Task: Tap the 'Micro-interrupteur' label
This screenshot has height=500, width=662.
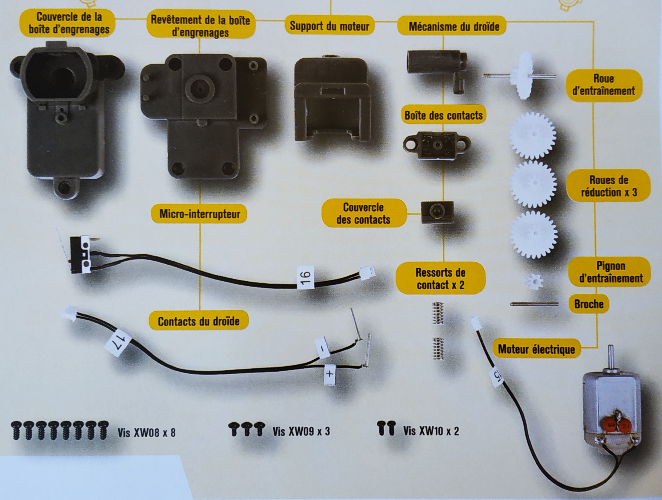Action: tap(200, 214)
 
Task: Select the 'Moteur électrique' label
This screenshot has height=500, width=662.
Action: tap(536, 349)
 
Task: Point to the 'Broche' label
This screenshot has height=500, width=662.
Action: tap(588, 304)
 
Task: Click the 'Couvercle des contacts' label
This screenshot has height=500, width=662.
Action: tap(363, 213)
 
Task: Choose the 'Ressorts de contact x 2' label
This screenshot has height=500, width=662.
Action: tap(440, 279)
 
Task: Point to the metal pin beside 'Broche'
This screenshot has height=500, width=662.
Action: tap(534, 304)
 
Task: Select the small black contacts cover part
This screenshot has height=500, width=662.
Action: tap(437, 212)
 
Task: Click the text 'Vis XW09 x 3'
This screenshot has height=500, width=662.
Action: tap(301, 432)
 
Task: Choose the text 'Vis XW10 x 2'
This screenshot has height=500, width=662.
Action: tap(431, 431)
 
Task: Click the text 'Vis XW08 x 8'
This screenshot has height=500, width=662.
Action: tap(146, 433)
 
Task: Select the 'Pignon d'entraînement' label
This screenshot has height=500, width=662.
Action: tap(611, 272)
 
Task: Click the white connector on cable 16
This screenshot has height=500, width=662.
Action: tap(368, 273)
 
